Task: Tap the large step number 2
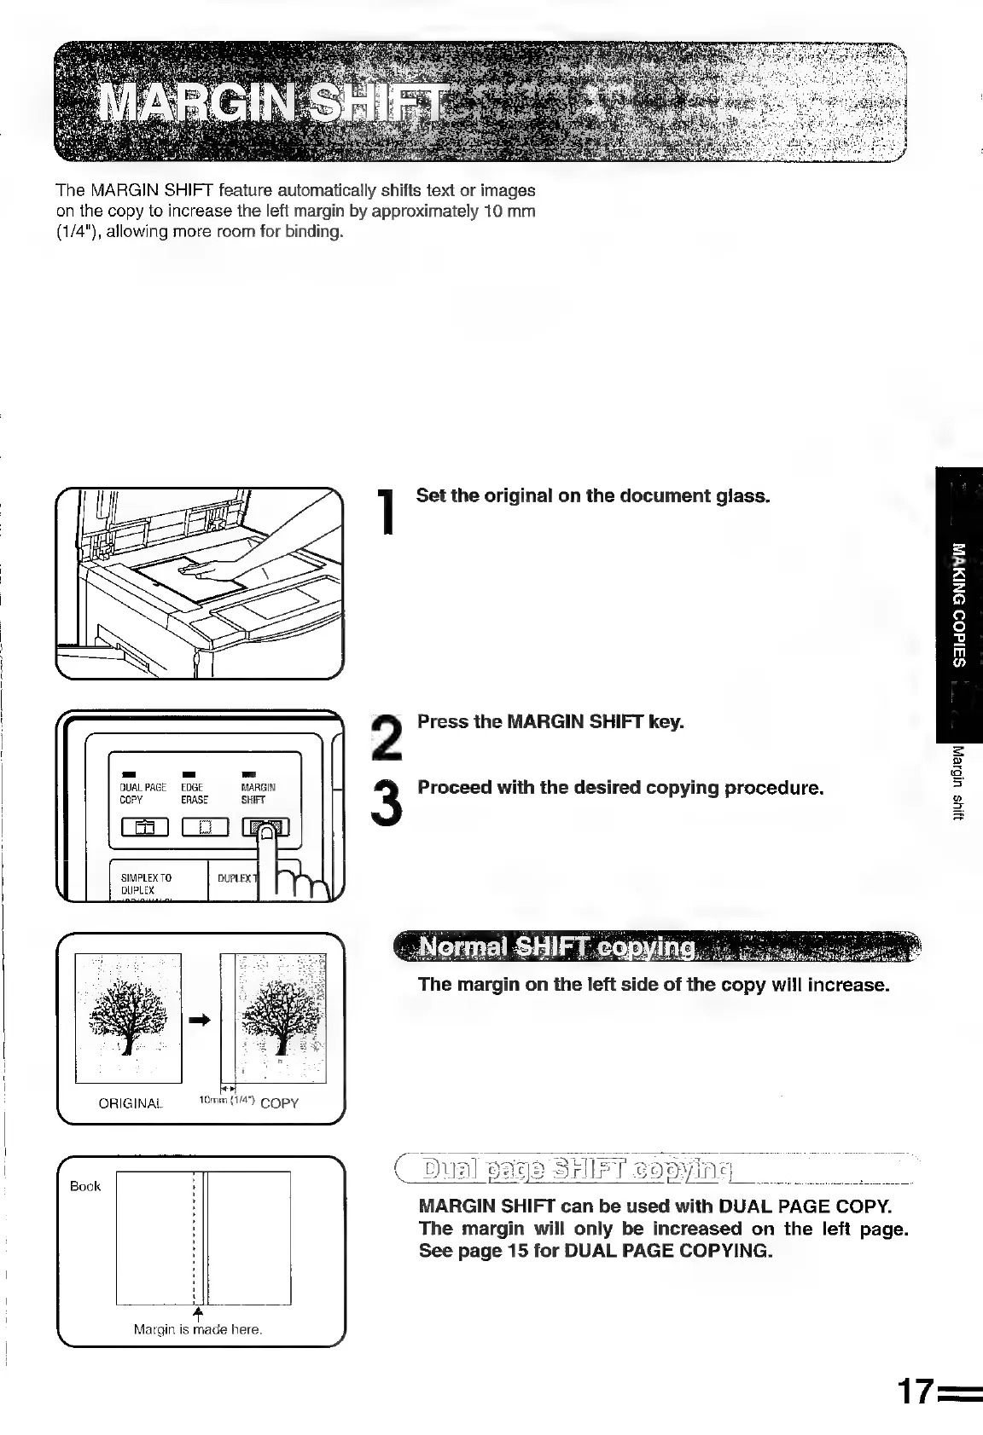pyautogui.click(x=389, y=736)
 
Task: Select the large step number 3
pyautogui.click(x=389, y=801)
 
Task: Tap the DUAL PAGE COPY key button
pyautogui.click(x=144, y=827)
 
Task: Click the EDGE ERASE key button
pyautogui.click(x=205, y=827)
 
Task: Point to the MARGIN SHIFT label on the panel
pyautogui.click(x=258, y=794)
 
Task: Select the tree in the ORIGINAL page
pyautogui.click(x=128, y=1015)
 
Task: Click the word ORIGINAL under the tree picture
pyautogui.click(x=130, y=1103)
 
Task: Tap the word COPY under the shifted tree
pyautogui.click(x=279, y=1103)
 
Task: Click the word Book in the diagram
pyautogui.click(x=85, y=1186)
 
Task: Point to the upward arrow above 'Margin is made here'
pyautogui.click(x=198, y=1311)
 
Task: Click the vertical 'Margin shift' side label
pyautogui.click(x=959, y=781)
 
